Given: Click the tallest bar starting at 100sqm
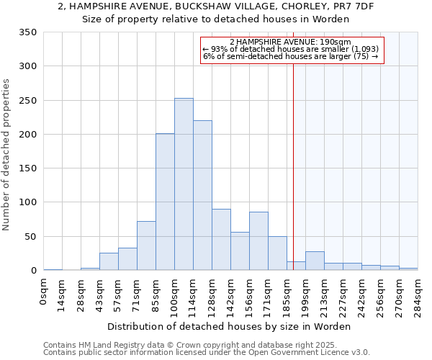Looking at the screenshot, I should (x=184, y=184).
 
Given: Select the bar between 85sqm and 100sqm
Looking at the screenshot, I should (x=165, y=202).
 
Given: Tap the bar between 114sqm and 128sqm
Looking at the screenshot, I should (x=202, y=195).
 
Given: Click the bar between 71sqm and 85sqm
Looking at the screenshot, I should (x=146, y=246).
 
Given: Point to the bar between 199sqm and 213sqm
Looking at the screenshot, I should (x=315, y=261).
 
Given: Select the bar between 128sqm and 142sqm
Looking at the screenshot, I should (x=221, y=240).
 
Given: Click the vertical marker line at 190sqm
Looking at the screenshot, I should (x=294, y=166).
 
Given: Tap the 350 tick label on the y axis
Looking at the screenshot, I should (x=28, y=32).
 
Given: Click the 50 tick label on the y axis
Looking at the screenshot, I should (x=31, y=237).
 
